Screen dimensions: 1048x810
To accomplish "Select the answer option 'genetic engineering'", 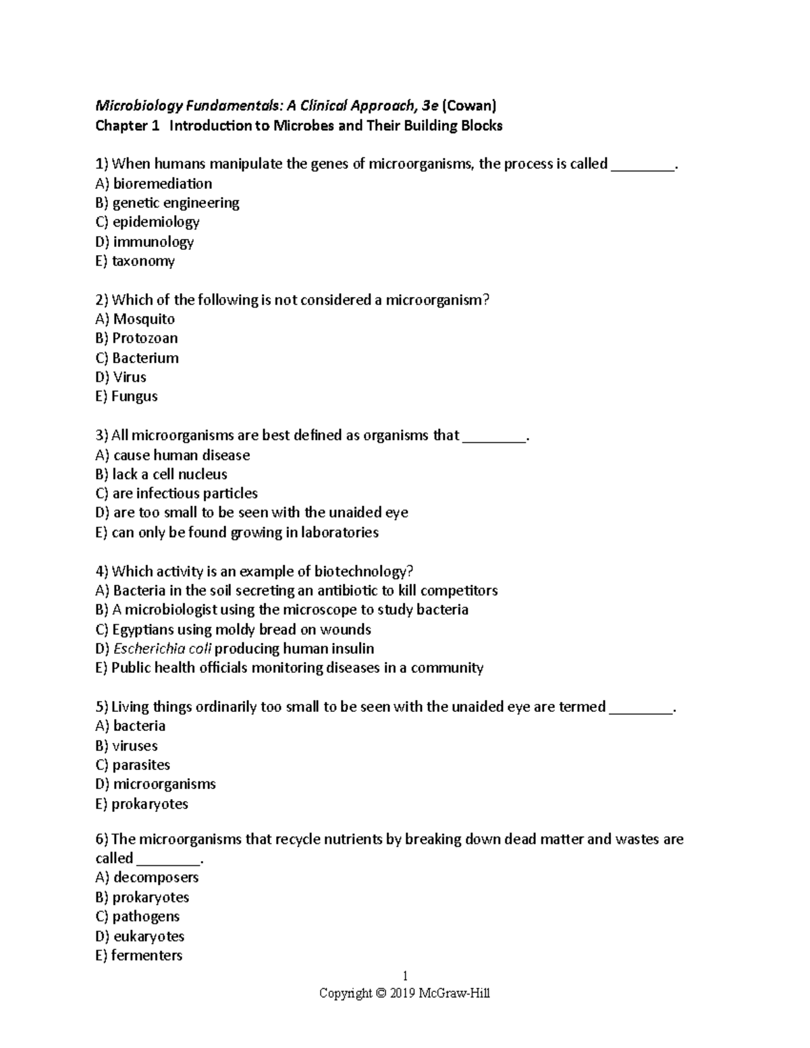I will (175, 203).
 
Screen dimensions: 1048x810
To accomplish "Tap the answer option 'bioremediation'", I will (162, 184).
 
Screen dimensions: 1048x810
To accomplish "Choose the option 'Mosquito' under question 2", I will (144, 319).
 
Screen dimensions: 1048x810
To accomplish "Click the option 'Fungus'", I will (134, 397).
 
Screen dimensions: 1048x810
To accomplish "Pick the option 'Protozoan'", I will (145, 338).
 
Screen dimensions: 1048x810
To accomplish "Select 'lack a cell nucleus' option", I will (169, 474).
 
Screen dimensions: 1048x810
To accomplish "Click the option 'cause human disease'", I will (182, 456).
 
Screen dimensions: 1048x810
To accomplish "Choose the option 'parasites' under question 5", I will (141, 765).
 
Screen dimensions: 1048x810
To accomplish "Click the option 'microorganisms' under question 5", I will (164, 784).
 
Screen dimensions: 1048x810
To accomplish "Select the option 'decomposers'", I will (156, 878).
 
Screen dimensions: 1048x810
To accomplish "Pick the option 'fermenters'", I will (146, 956).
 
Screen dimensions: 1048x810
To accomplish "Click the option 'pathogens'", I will (146, 916).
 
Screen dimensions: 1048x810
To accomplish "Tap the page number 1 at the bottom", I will (405, 976).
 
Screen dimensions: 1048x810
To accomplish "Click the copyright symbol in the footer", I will (381, 993).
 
